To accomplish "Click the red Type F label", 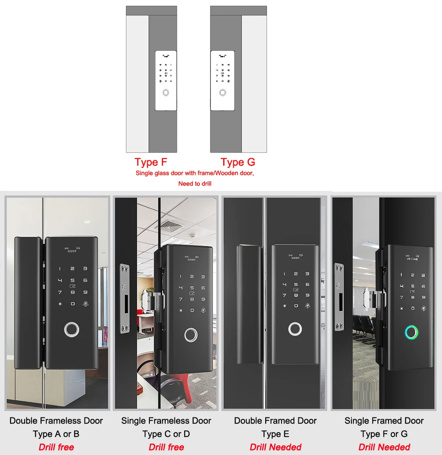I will point(151,162).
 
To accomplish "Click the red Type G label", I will point(238,162).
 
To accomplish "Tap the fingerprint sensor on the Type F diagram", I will point(166,93).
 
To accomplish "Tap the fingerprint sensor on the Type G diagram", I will point(222,93).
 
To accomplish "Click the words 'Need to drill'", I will point(195,183).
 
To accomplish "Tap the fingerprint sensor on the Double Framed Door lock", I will point(294,329).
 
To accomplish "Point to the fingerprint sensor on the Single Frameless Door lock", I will point(191,334).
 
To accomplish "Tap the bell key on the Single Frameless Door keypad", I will point(203,310).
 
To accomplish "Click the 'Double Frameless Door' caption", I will point(56,421).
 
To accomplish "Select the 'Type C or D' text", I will point(166,434).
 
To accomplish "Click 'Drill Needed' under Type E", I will point(275,447).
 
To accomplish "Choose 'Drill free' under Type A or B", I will point(56,447).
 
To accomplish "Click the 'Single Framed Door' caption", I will point(384,421).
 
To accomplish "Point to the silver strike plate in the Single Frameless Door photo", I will point(124,299).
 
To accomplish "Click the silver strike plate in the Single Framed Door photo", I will point(339,299).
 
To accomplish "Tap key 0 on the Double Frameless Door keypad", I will point(72,304).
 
